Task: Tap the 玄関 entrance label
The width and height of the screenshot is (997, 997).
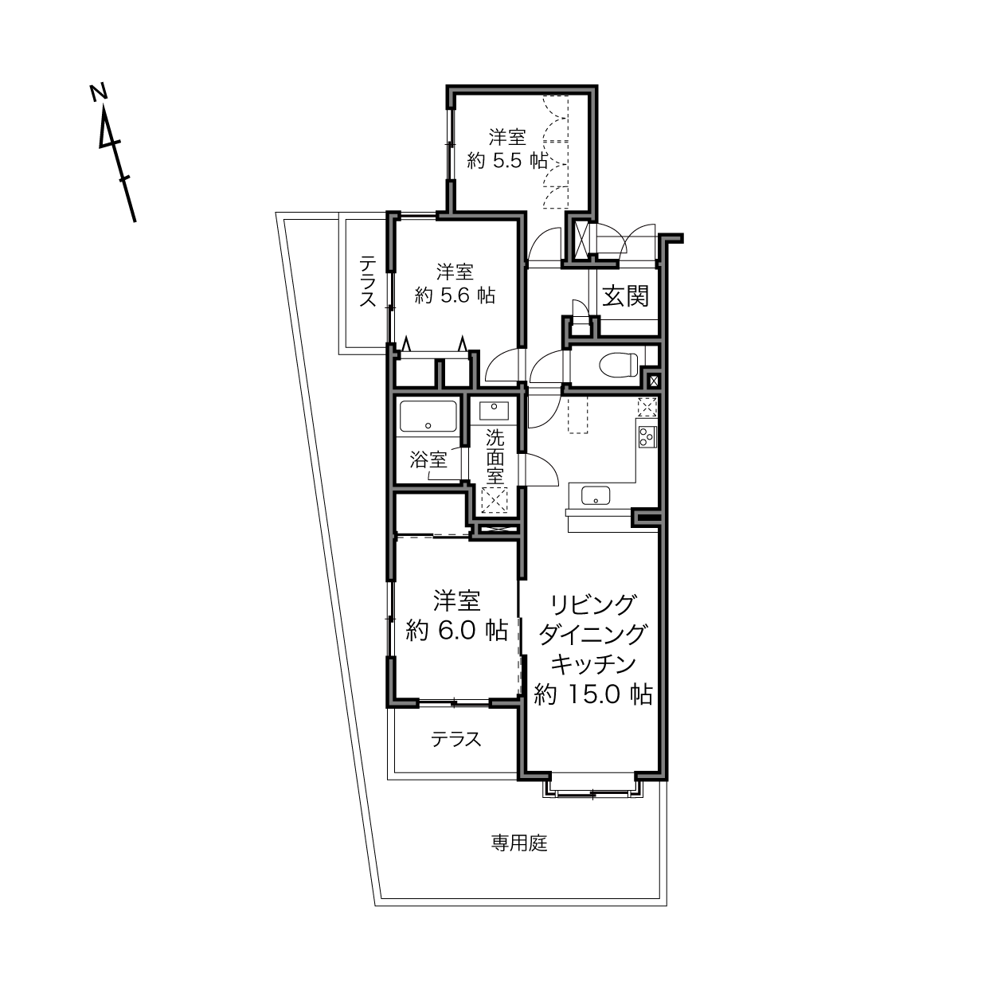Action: pos(625,296)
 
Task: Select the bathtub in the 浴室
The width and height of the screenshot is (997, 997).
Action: pos(428,416)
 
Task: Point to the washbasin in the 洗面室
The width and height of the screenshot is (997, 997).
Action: pos(494,412)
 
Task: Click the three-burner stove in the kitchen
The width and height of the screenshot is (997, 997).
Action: pos(647,436)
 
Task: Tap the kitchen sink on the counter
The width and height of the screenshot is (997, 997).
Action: pos(596,495)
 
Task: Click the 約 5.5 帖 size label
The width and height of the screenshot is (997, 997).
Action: pos(507,161)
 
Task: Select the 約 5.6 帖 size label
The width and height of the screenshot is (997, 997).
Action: pos(455,295)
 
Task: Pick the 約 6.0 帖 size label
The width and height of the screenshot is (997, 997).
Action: pos(456,631)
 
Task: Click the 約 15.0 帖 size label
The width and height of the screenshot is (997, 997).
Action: pos(593,694)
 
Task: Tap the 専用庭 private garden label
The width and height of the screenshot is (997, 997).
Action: pos(519,843)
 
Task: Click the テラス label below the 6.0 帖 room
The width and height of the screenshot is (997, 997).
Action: pos(455,739)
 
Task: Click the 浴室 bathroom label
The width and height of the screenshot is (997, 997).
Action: pos(428,459)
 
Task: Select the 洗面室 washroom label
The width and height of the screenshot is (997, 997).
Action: pos(495,457)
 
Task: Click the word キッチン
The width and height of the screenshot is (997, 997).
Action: pos(593,664)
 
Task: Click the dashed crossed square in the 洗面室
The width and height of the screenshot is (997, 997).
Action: pos(494,500)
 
